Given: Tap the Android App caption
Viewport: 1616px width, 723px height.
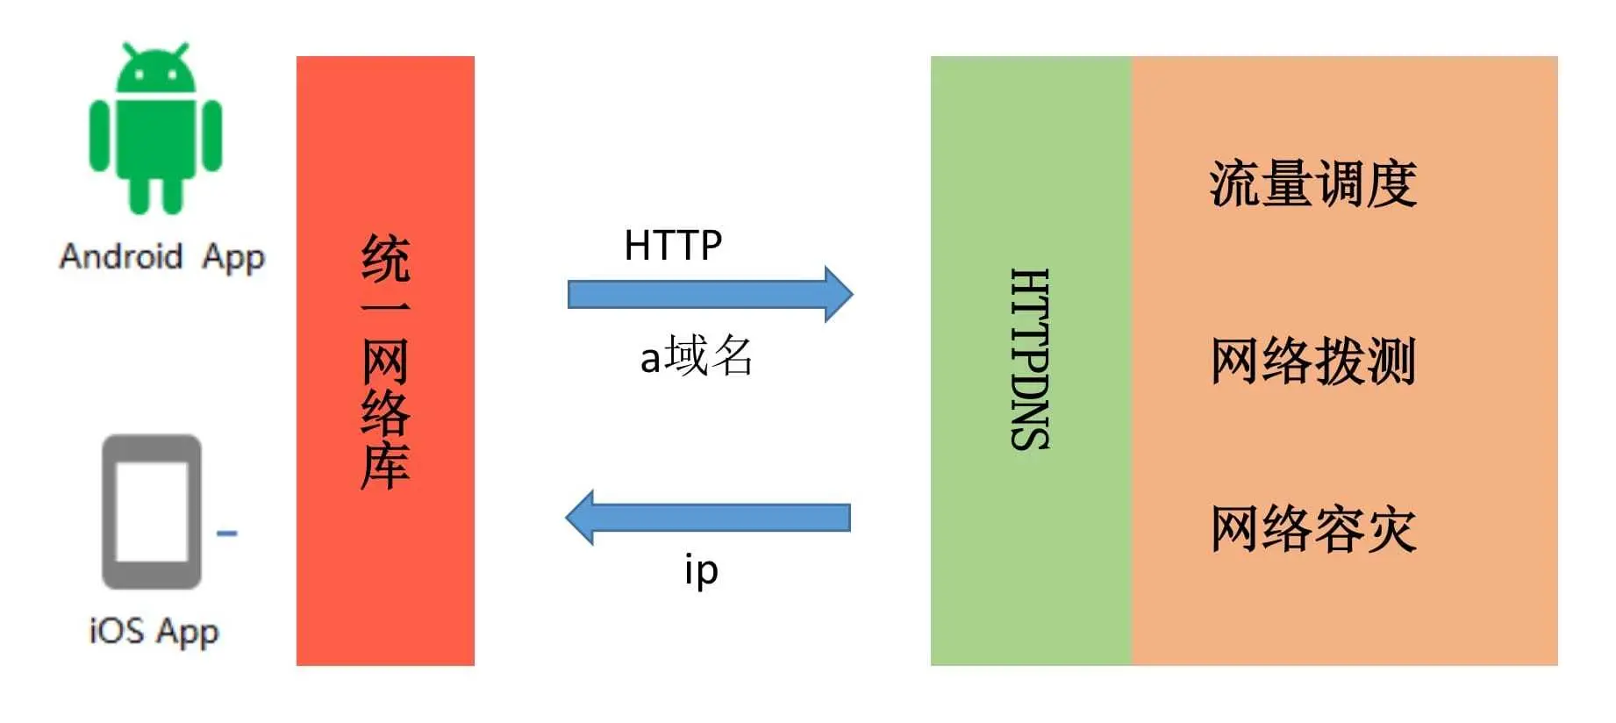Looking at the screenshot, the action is point(162,257).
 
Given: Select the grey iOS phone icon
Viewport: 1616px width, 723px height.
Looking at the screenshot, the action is point(152,512).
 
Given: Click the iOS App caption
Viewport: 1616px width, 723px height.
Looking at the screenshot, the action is point(154,631).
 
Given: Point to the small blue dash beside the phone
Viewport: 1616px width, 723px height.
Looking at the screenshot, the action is point(226,533).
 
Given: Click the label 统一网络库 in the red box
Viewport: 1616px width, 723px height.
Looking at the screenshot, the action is point(385,361).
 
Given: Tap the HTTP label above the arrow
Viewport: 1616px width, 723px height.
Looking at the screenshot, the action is point(673,245).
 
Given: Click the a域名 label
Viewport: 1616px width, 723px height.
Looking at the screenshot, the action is point(697,356).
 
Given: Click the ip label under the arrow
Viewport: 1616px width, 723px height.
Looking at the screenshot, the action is point(701,570).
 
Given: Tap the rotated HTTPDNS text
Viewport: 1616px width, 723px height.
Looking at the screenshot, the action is point(1030,360).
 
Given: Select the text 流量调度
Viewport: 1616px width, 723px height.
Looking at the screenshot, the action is point(1313,184).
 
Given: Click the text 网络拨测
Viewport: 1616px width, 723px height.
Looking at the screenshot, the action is point(1313,361).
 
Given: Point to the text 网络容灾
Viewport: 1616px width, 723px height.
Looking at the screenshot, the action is point(1313,529).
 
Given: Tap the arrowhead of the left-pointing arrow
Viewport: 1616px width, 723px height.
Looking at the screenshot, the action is point(581,517).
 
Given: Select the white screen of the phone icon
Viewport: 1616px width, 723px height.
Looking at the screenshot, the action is point(152,511).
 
